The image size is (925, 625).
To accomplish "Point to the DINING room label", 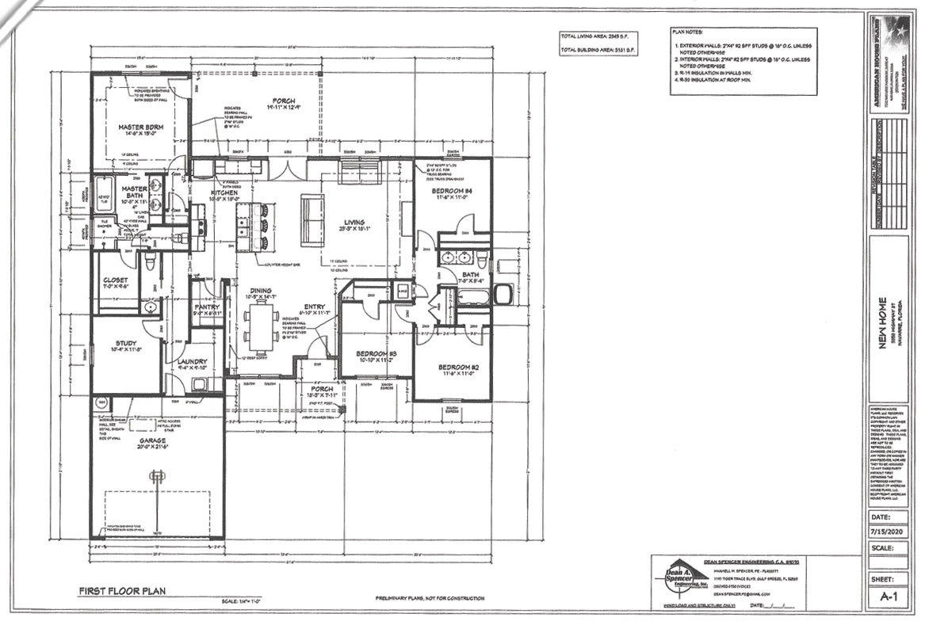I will tap(262, 291).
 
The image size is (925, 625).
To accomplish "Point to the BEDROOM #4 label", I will tap(452, 192).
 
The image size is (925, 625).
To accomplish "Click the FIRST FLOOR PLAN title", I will tap(120, 591).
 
